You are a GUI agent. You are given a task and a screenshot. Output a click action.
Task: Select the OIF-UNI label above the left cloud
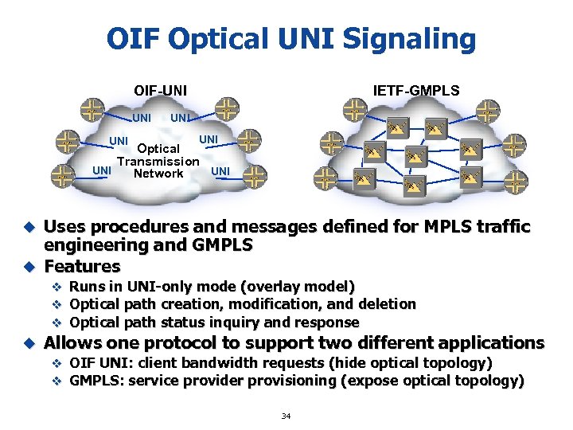pos(160,90)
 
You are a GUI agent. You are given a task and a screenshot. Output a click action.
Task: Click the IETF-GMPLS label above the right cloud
pos(416,90)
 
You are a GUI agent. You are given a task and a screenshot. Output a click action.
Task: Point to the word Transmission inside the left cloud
pos(158,161)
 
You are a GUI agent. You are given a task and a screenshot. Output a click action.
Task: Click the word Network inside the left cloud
pos(158,173)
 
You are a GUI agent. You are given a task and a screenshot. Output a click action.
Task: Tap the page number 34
pos(286,416)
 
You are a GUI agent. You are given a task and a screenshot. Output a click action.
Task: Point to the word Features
pos(82,266)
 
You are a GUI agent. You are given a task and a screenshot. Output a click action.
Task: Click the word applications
pos(491,343)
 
